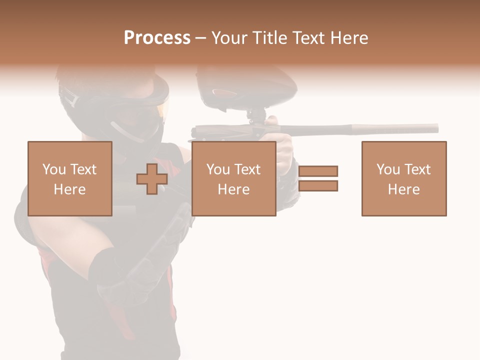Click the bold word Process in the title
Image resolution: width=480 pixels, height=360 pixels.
click(x=157, y=38)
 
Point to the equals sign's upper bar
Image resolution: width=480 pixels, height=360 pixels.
click(x=318, y=171)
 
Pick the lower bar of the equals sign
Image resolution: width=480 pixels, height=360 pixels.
click(x=318, y=186)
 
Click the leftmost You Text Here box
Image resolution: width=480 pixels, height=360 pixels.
click(x=69, y=178)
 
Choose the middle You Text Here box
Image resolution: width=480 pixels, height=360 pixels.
click(x=233, y=178)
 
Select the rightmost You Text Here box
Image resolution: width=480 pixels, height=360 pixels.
click(x=403, y=178)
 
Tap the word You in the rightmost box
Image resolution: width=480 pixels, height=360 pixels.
click(x=387, y=169)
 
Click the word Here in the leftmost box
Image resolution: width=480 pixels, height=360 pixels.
click(x=69, y=189)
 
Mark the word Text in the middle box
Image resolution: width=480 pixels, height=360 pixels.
click(x=247, y=169)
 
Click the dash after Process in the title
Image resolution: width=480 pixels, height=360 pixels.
click(x=200, y=38)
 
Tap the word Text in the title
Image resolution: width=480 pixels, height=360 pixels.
click(x=306, y=38)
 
